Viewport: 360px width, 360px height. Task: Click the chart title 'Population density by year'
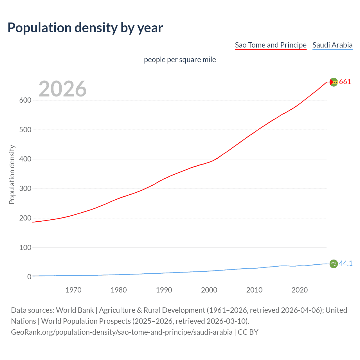(x=85, y=28)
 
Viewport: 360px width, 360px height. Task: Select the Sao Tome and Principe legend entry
(x=271, y=45)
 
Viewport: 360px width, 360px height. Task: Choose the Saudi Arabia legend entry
(x=332, y=45)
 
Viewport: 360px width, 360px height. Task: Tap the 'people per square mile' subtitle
(x=180, y=60)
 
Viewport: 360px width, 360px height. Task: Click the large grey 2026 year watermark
(x=62, y=89)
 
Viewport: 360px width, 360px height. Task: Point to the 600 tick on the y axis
(x=25, y=100)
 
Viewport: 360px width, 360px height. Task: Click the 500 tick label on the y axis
(x=25, y=130)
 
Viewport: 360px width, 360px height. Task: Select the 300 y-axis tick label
(x=25, y=189)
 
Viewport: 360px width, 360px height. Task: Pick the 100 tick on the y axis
(x=25, y=247)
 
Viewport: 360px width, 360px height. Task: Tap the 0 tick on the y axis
(x=29, y=277)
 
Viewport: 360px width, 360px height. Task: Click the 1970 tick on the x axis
(x=73, y=290)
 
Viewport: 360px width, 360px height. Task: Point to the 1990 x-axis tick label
(x=164, y=290)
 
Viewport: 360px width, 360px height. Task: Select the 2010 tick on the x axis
(x=254, y=290)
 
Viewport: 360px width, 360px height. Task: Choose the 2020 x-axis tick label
(x=300, y=290)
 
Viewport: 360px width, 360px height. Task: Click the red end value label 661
(x=345, y=82)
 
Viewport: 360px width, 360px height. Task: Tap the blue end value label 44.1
(x=346, y=264)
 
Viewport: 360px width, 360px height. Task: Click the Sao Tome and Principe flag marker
(x=334, y=82)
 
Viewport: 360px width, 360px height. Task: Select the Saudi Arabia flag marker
(x=334, y=264)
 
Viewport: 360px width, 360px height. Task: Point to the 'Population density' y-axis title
(x=12, y=174)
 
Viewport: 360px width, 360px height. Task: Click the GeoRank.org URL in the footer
(x=121, y=332)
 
